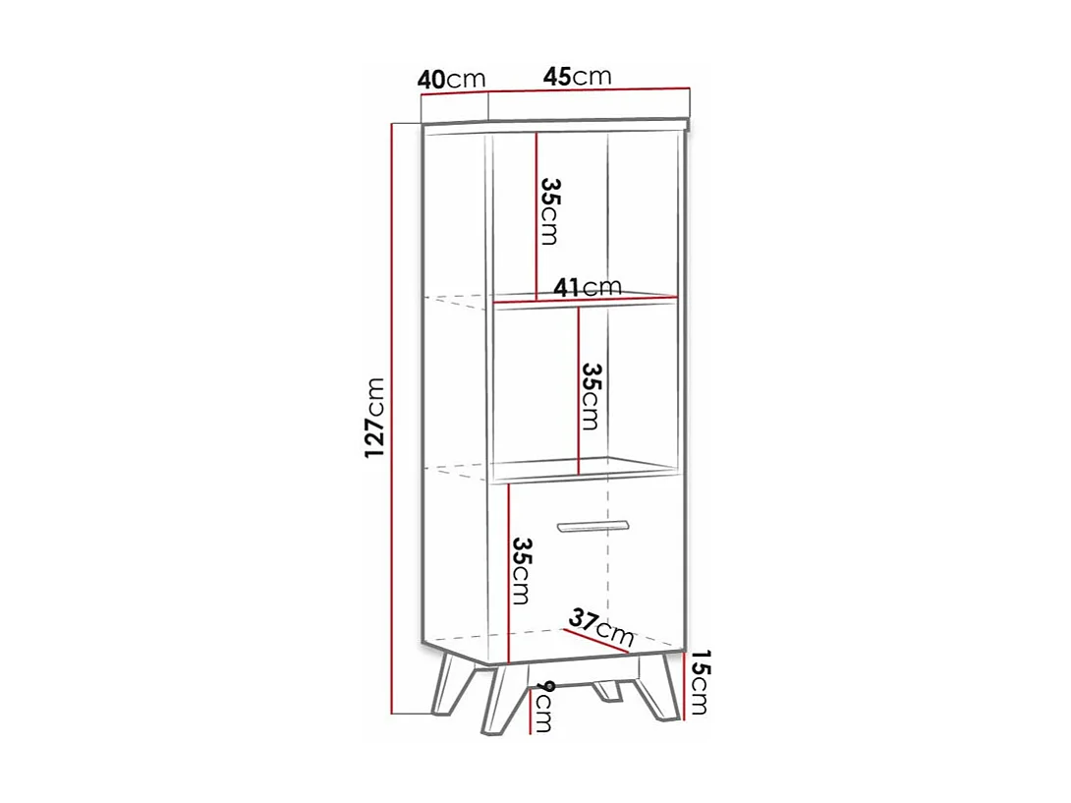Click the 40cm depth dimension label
(x=452, y=80)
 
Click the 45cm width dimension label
(x=578, y=77)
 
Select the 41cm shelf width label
(x=587, y=287)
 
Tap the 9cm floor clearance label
(x=543, y=706)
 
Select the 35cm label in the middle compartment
(x=590, y=396)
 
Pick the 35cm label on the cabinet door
(x=522, y=571)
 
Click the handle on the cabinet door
(x=592, y=525)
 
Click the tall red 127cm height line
(x=392, y=418)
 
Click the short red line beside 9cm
(x=530, y=710)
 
